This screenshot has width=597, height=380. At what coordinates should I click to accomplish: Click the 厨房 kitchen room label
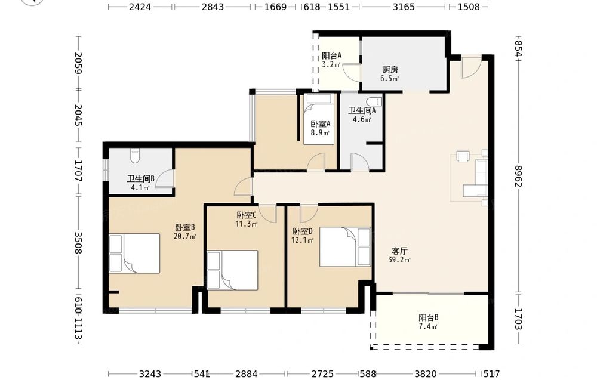coord(390,70)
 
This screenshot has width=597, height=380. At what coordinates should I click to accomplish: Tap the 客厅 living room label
coord(400,251)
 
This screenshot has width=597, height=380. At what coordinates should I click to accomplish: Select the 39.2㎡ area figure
coord(399,260)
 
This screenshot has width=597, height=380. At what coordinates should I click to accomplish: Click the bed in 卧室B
coord(134,254)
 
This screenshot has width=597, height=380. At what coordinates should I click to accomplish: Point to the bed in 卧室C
coord(232,270)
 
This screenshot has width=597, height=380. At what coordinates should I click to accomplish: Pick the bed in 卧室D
coord(345,247)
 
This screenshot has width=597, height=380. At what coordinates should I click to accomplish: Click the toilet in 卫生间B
coord(135,155)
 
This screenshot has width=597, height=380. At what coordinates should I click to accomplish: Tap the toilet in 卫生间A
coord(374,101)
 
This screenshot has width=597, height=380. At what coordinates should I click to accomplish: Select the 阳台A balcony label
coord(331,55)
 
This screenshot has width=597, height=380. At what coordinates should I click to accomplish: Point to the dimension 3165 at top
coord(404,7)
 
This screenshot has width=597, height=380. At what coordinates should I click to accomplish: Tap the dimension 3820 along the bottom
coord(426,374)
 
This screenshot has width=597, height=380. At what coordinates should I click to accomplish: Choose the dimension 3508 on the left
coord(78,243)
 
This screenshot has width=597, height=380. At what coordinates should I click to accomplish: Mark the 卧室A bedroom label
coord(320,123)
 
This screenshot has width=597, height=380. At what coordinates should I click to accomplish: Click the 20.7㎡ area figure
coord(185,236)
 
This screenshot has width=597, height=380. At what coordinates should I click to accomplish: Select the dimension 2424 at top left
coord(140,7)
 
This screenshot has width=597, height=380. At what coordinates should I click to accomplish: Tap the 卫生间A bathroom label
coord(362,110)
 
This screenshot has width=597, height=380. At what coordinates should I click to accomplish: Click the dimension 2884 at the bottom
coord(247,374)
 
